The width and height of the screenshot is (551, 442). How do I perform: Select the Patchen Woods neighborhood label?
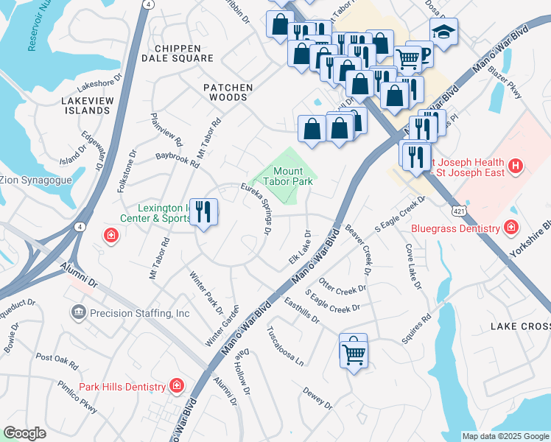(228, 92)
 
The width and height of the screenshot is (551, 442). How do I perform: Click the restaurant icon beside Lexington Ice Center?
(203, 212)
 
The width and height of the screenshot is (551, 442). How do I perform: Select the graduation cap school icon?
(443, 32)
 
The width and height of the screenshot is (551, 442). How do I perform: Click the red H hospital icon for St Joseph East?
(516, 166)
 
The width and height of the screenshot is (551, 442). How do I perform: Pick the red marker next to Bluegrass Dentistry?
(510, 228)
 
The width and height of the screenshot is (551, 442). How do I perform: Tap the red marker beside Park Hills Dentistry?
(176, 386)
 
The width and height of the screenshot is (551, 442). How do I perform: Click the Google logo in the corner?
(25, 433)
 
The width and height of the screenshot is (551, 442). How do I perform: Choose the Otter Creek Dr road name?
(343, 284)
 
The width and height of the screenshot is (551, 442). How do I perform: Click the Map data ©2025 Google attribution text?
(505, 436)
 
